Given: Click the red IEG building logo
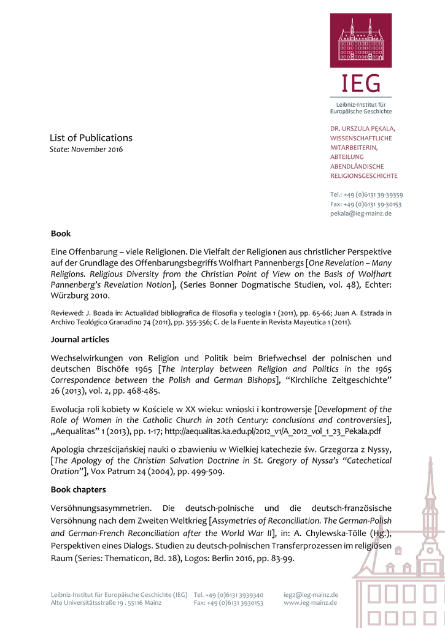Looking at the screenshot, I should click(361, 40).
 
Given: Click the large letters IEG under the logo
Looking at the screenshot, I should click(361, 83).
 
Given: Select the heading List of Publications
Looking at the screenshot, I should click(91, 137).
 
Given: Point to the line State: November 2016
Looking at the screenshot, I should click(86, 150).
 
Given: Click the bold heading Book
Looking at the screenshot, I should click(61, 234).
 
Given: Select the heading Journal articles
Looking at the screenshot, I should click(80, 339).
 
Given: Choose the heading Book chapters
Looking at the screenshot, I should click(79, 489).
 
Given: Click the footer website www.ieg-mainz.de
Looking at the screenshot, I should click(310, 603).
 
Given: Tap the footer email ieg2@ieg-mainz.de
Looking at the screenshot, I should click(311, 594).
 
